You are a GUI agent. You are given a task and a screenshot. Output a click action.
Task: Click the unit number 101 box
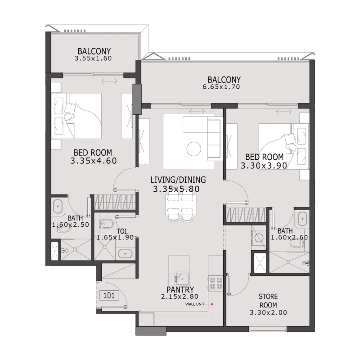click(x=109, y=296)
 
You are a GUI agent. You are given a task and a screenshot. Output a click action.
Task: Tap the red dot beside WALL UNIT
click(x=211, y=304)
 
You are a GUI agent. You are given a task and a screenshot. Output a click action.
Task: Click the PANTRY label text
click(x=180, y=289)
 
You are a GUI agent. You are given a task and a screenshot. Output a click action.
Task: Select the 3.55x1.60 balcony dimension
click(x=94, y=58)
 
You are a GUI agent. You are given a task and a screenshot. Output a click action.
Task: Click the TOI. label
click(x=122, y=231)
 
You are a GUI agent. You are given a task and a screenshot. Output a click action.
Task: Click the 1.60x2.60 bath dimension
click(x=289, y=238)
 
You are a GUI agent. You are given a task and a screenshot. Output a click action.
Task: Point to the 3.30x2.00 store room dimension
click(x=268, y=312)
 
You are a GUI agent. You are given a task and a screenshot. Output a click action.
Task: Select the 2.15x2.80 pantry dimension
click(x=180, y=297)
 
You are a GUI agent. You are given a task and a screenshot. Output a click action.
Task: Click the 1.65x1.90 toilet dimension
click(x=115, y=238)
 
